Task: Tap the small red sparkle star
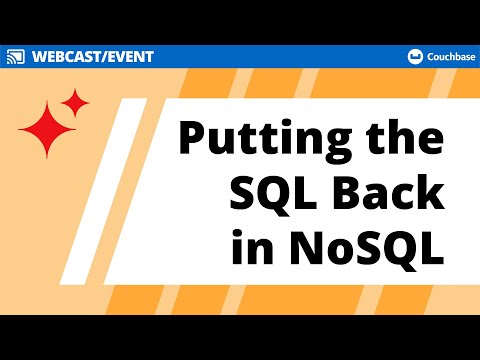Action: click(75, 101)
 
